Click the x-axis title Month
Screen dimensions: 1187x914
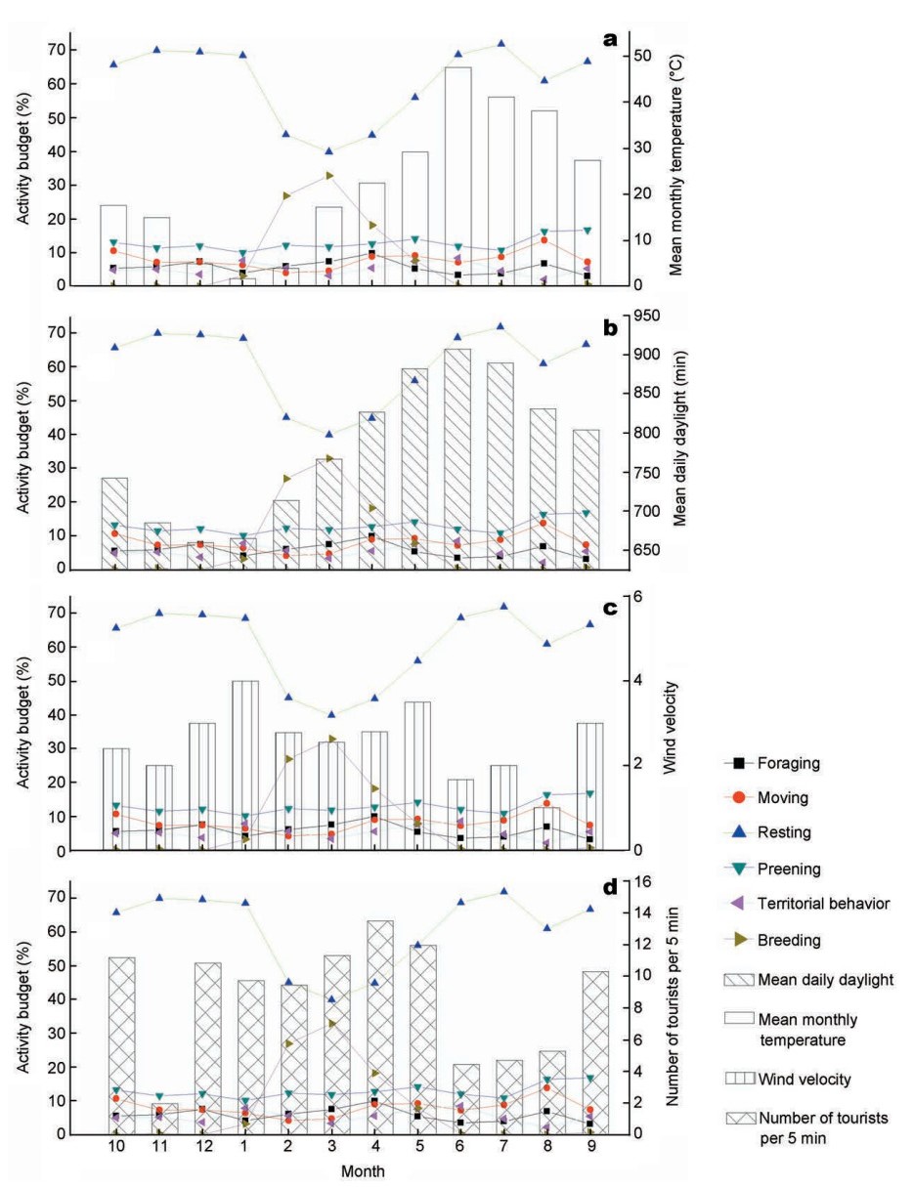click(x=361, y=1171)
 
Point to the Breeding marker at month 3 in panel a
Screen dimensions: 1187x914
click(x=329, y=176)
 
